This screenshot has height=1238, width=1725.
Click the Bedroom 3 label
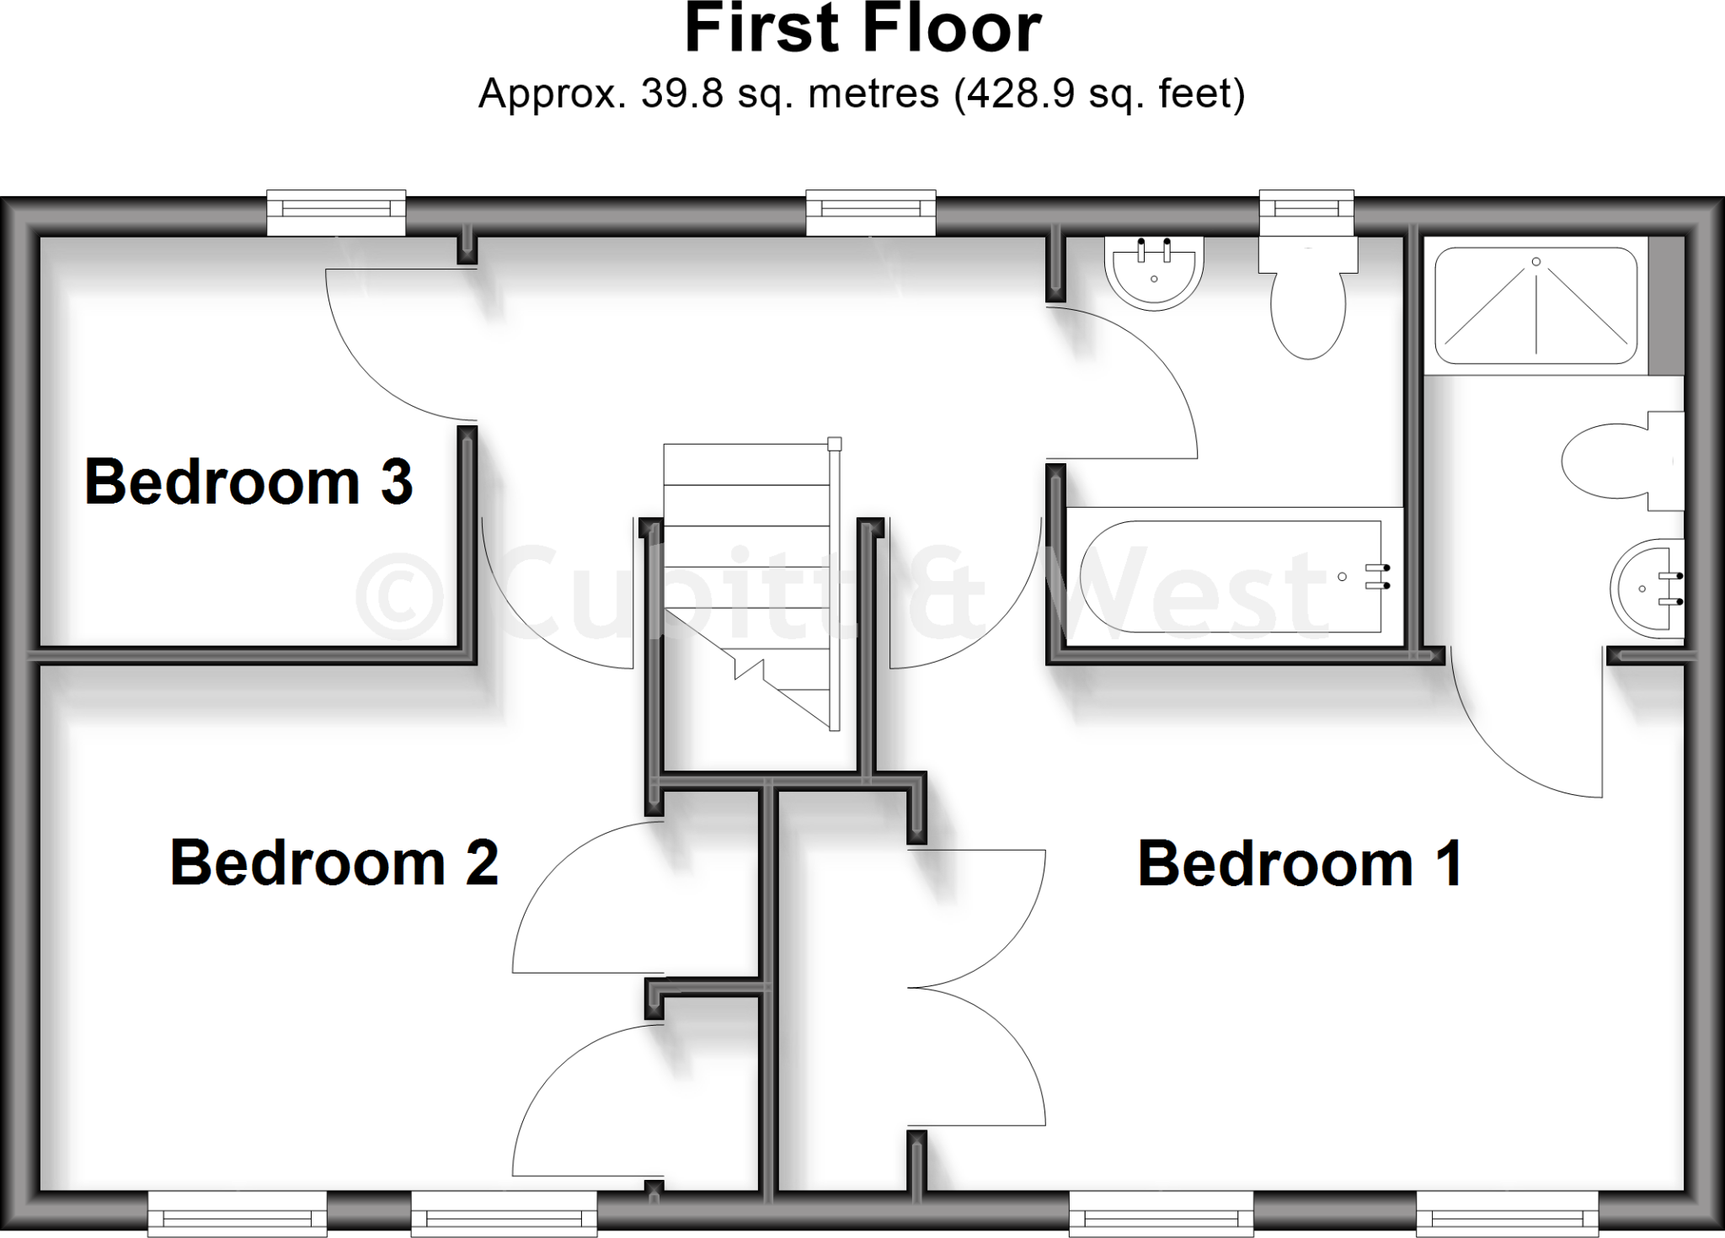tap(248, 482)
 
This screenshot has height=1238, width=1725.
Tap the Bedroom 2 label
tap(334, 862)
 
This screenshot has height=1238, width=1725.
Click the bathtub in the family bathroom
tap(1230, 576)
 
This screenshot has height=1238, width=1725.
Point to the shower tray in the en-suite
tap(1535, 305)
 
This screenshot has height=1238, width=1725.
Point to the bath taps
tap(1377, 576)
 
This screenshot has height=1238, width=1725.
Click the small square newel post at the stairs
tap(834, 445)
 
